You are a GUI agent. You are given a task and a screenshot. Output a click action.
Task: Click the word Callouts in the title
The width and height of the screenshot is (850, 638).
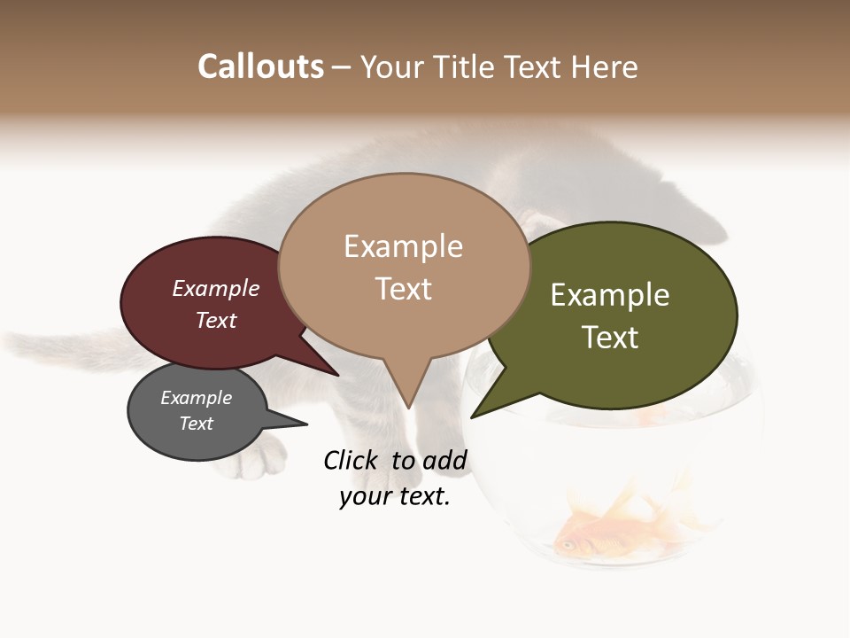pyautogui.click(x=260, y=66)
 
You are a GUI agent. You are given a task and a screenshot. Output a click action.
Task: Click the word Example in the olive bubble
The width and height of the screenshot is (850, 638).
pyautogui.click(x=610, y=295)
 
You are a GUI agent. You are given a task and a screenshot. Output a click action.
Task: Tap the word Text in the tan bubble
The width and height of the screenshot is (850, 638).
pyautogui.click(x=404, y=289)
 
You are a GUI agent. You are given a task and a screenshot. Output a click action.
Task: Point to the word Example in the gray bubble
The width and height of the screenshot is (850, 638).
pyautogui.click(x=196, y=398)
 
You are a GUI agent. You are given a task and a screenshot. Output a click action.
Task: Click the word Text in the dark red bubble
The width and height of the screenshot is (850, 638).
pyautogui.click(x=215, y=320)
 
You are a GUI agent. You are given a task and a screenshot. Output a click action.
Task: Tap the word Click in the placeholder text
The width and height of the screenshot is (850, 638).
pyautogui.click(x=351, y=460)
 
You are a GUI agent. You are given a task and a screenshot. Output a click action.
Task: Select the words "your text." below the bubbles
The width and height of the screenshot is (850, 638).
pyautogui.click(x=395, y=496)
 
